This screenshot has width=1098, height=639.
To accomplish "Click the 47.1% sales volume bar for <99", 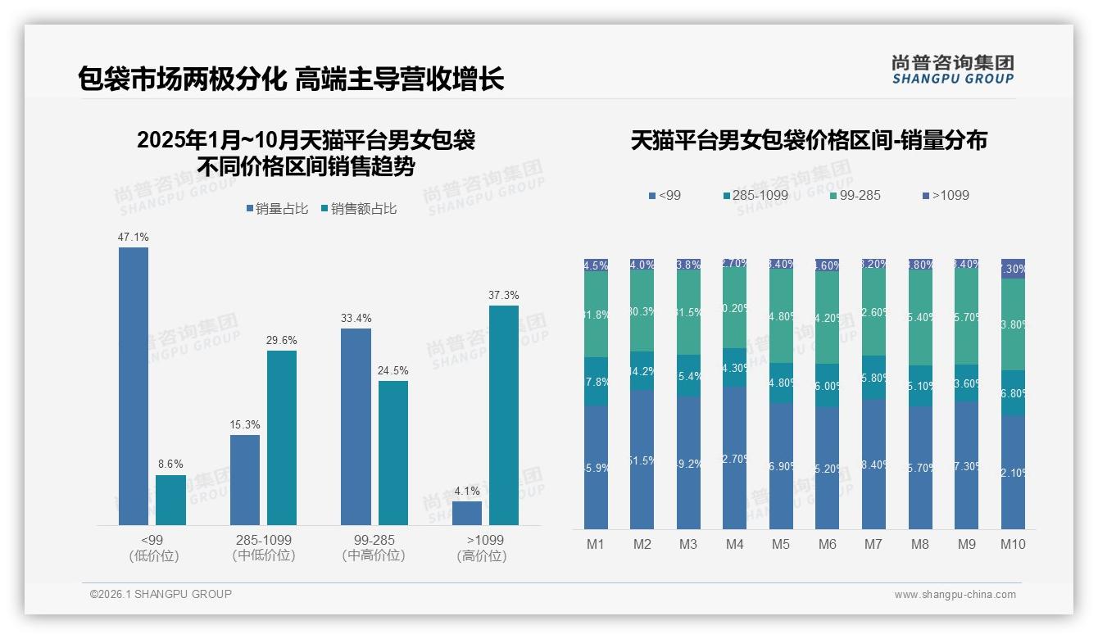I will [134, 386].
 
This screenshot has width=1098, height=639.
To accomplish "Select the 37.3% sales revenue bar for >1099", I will [504, 415].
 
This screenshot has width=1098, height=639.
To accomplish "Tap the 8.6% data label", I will [170, 464].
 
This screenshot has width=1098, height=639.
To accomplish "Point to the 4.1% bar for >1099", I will [467, 513].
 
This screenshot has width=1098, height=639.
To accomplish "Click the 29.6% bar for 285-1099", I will [282, 437].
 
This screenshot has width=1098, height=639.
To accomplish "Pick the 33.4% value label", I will [356, 318].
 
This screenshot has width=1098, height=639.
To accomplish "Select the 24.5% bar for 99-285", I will [393, 453].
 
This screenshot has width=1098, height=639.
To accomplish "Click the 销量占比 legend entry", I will [277, 209].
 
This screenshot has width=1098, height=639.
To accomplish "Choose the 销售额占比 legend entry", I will [358, 209].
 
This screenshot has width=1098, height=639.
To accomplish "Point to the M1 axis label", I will [596, 544].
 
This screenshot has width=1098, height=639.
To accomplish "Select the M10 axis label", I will [1013, 544].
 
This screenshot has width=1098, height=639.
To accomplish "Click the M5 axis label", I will [781, 544].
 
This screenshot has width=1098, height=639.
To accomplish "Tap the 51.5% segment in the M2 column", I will [642, 460].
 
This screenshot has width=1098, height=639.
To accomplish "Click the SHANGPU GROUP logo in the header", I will [952, 70].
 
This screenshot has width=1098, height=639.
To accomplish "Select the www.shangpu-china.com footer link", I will [955, 595].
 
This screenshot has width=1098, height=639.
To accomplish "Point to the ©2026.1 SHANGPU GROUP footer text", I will [161, 594].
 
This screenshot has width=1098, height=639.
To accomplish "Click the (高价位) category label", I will [482, 555].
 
